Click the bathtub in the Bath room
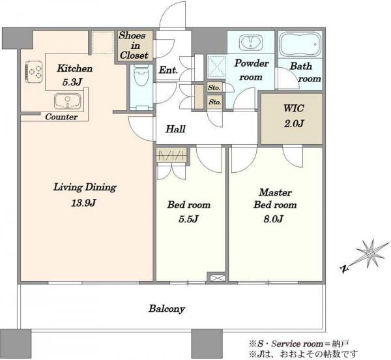[300, 45]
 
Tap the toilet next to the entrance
[141, 76]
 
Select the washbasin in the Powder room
[251, 42]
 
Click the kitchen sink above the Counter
[68, 101]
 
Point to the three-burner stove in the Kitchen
[33, 72]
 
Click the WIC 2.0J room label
[293, 115]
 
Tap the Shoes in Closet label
[134, 46]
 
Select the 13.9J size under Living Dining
[84, 203]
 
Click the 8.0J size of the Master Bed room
[273, 219]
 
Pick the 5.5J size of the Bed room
[188, 219]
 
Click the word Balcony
[167, 309]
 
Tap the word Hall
[175, 129]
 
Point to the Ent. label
[168, 70]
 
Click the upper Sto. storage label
[214, 87]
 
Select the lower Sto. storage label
[215, 102]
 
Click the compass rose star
[369, 254]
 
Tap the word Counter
[61, 117]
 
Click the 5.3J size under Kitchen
[72, 82]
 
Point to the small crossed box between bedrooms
[216, 278]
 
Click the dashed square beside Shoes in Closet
[103, 42]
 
